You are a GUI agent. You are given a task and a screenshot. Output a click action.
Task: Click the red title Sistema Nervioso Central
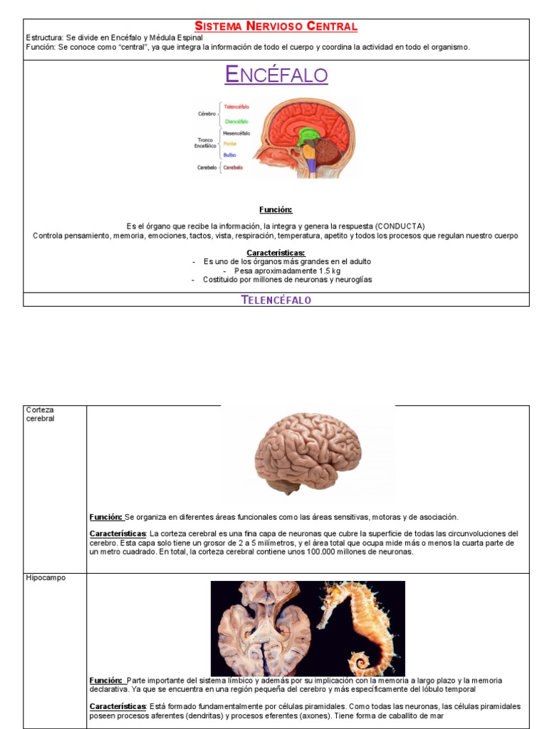[276, 27]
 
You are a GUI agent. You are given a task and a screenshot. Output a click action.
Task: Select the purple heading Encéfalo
[276, 75]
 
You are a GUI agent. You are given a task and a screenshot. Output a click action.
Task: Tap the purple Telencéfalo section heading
[276, 300]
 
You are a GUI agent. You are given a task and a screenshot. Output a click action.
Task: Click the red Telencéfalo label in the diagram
[236, 107]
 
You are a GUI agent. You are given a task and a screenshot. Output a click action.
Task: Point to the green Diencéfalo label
[236, 121]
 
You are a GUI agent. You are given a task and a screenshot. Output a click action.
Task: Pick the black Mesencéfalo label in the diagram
[236, 133]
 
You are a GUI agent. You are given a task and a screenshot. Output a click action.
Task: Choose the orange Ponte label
[229, 144]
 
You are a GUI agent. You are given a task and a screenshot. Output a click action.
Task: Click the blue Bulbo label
[229, 154]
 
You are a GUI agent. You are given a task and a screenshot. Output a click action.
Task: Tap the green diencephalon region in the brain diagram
[308, 135]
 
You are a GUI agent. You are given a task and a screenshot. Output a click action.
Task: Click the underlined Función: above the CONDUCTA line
[276, 209]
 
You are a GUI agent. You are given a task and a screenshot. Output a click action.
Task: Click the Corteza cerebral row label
[40, 414]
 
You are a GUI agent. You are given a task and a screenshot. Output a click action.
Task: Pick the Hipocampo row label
[46, 578]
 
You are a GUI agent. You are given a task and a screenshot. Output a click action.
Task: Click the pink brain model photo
[308, 451]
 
